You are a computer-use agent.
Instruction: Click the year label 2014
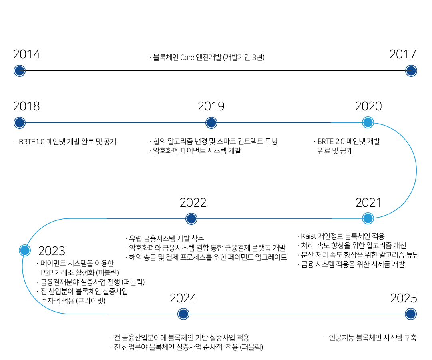pos(26,54)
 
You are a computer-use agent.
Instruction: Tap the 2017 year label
pos(403,54)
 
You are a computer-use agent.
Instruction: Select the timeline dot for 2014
pos(20,71)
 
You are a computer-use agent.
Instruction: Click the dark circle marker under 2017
pos(411,71)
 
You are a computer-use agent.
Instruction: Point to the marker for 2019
pos(211,123)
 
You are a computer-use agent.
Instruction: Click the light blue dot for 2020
pos(368,122)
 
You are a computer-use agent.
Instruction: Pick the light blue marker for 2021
pos(368,218)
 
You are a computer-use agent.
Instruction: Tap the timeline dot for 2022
pos(191,219)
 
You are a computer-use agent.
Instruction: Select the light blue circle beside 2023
pos(25,250)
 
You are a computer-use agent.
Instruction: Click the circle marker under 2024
pos(183,314)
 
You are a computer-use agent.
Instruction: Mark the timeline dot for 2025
pos(411,314)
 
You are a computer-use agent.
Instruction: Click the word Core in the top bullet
pos(187,57)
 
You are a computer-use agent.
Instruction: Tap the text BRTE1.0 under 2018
pos(32,142)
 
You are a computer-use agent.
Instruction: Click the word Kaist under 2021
pos(308,236)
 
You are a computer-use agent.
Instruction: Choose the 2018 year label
pos(26,106)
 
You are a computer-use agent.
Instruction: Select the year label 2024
pos(183,298)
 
